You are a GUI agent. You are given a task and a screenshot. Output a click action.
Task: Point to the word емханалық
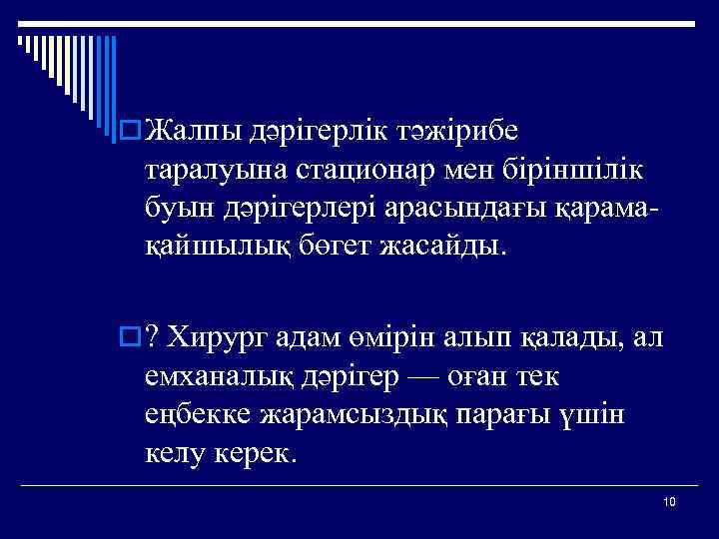click(x=226, y=377)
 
